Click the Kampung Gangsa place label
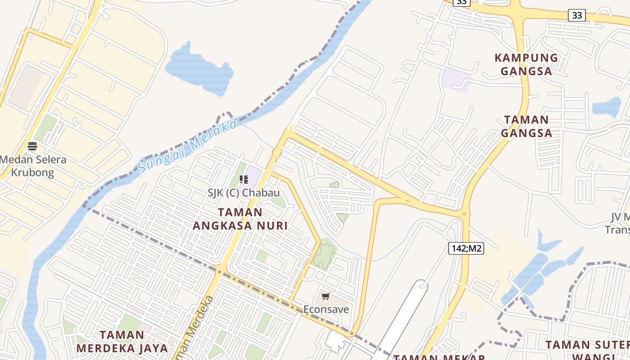point(526,64)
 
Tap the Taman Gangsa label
point(526,126)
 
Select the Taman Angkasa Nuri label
point(240,219)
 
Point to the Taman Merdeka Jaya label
point(122,342)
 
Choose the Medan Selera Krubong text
point(32,166)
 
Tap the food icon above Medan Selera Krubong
point(32,146)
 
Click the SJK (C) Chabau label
point(243,193)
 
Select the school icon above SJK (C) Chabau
point(244,180)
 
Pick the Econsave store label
point(326,309)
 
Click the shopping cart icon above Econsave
point(326,296)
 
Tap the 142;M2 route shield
point(466,248)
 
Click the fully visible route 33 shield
point(576,15)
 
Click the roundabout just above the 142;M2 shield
point(464,214)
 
